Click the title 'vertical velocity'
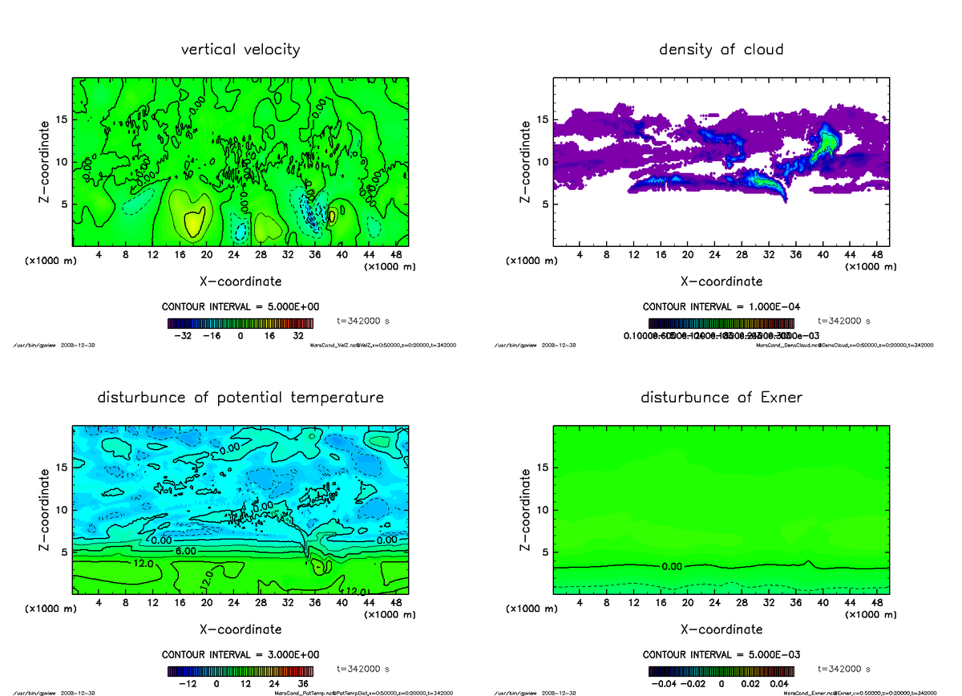(x=240, y=50)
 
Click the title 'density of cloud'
(x=721, y=50)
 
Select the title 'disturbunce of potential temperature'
(x=240, y=398)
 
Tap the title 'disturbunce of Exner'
(x=721, y=398)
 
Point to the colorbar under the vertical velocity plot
(x=240, y=323)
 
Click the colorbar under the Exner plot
(x=721, y=671)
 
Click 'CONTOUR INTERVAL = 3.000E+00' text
(x=240, y=654)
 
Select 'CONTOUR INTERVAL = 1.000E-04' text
(x=721, y=306)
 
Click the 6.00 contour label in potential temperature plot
(x=184, y=552)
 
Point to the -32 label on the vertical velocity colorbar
(x=186, y=337)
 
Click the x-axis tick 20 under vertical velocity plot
(x=207, y=255)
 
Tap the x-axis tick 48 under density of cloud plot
(x=876, y=255)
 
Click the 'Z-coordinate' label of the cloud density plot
(x=525, y=161)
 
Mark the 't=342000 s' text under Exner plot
(x=844, y=669)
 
